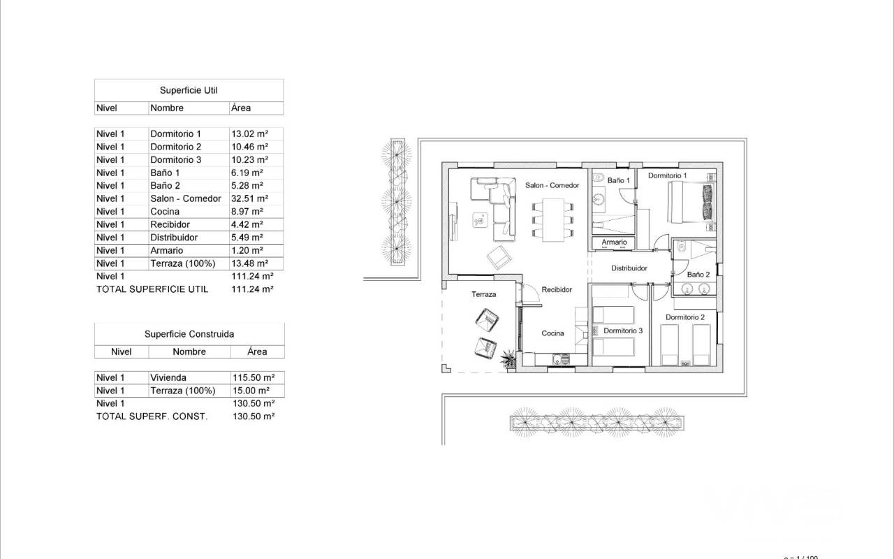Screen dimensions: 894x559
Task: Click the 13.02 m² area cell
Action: (249, 133)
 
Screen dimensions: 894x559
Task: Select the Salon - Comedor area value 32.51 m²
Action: (249, 198)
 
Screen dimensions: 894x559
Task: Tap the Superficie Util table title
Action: (189, 90)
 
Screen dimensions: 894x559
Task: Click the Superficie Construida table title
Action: (189, 334)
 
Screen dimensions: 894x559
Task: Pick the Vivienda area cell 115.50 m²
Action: (254, 377)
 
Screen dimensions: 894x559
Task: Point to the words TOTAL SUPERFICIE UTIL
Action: (152, 289)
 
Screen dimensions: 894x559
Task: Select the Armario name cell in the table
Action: (166, 250)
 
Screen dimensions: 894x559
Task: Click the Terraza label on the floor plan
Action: (484, 294)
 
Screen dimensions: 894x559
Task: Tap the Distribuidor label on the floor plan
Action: (629, 268)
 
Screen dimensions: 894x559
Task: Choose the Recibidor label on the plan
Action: (557, 289)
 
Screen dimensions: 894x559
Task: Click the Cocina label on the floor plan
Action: (552, 333)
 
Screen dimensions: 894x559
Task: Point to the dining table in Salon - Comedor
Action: (552, 220)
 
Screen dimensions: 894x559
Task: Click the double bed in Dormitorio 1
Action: (691, 202)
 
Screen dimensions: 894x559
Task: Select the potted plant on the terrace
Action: (508, 358)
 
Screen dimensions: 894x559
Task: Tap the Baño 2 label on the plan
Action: (698, 275)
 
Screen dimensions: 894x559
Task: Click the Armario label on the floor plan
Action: (614, 242)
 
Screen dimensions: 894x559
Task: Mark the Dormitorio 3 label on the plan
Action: (623, 331)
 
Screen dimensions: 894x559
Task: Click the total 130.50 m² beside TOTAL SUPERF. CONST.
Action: (254, 416)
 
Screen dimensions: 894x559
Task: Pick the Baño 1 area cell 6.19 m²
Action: (247, 173)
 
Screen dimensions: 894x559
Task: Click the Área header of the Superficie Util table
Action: (241, 108)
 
